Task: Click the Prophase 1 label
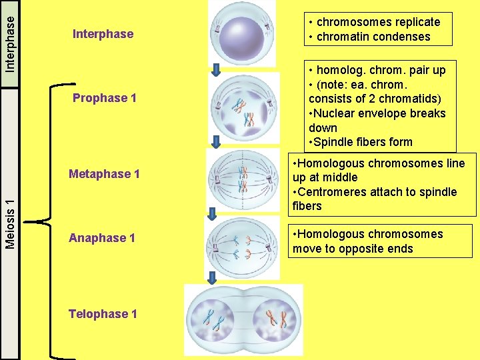tap(105, 98)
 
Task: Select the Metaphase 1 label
tap(104, 174)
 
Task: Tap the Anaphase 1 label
tap(102, 238)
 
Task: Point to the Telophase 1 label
tap(103, 313)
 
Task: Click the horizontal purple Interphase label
tap(103, 34)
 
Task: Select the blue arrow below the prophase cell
tap(217, 141)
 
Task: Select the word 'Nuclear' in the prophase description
tap(333, 113)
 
